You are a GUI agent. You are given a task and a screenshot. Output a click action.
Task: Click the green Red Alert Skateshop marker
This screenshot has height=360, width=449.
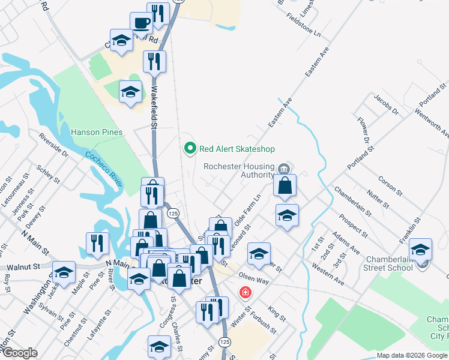point(190,148)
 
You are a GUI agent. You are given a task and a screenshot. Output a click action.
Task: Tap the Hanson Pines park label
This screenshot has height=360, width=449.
point(97,132)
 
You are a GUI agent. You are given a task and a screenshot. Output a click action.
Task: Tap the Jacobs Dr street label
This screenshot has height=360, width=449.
point(386,104)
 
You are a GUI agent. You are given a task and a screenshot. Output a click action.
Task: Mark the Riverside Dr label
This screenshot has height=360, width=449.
point(53,145)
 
